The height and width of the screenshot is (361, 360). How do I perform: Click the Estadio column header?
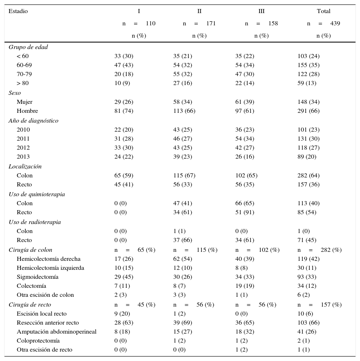(18, 11)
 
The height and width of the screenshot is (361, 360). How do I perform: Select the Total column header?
(323, 11)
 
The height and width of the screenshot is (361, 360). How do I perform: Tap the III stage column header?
(261, 11)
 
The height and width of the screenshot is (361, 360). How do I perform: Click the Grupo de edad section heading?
(28, 47)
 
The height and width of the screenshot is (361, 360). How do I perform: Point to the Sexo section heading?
(15, 93)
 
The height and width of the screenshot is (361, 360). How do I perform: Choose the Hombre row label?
(27, 111)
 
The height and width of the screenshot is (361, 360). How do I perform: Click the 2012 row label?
(23, 148)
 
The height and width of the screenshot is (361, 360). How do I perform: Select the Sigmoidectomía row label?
(37, 277)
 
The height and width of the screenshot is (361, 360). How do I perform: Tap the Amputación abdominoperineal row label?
(56, 332)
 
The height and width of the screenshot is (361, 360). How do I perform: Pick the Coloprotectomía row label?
(38, 341)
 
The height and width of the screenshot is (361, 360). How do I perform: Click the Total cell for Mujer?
(309, 102)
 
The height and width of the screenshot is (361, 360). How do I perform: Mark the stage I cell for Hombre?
(124, 111)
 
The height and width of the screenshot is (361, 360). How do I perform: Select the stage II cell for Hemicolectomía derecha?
(183, 259)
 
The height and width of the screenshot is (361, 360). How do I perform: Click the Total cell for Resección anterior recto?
(309, 323)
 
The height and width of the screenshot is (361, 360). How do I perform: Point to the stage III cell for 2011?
(245, 139)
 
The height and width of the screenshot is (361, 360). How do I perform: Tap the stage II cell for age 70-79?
(183, 74)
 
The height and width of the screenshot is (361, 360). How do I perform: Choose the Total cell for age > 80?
(307, 83)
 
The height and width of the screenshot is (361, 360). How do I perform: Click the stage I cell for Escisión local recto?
(122, 314)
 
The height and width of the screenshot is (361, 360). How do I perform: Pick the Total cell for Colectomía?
(307, 286)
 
